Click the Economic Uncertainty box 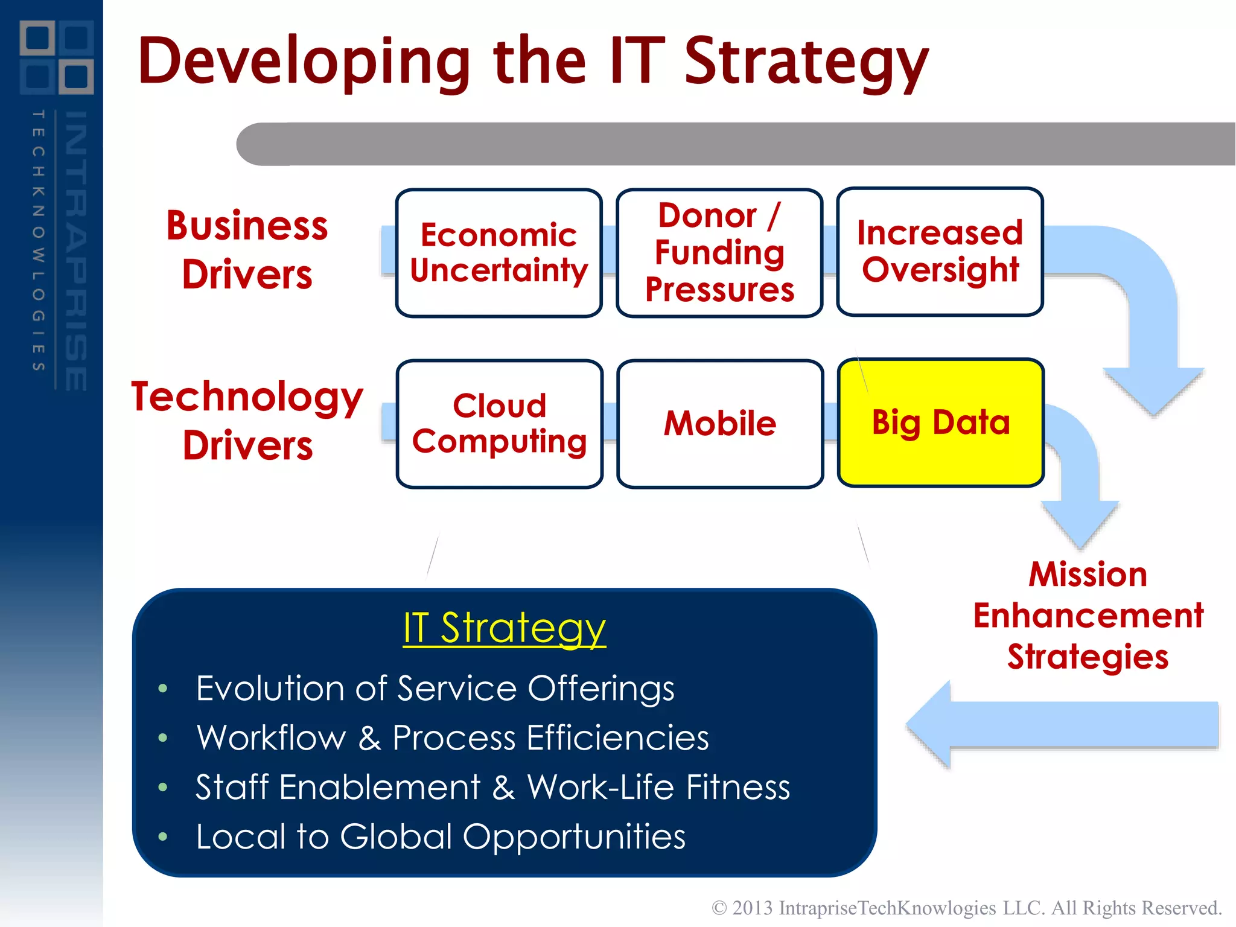tap(499, 253)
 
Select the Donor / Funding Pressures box tap(719, 253)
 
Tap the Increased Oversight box tap(940, 252)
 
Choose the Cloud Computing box tap(500, 424)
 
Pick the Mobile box tap(720, 424)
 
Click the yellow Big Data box tap(940, 422)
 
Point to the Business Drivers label tap(247, 250)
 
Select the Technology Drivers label tap(247, 421)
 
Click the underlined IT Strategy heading tap(504, 628)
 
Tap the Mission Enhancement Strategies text tap(1088, 615)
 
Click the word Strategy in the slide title tap(806, 62)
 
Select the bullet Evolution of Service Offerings tap(435, 689)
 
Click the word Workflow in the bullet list tap(272, 738)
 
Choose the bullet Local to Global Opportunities tap(441, 837)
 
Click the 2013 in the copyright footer tap(752, 908)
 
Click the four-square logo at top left tap(56, 57)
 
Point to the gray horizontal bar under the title tap(724, 144)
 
